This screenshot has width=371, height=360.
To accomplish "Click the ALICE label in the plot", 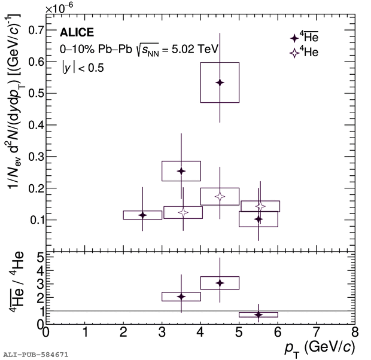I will coord(77,33).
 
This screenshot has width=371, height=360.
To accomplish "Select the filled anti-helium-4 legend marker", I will coord(294,37).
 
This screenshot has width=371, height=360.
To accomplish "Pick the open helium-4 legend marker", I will coord(294,53).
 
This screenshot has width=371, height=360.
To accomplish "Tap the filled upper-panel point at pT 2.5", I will coord(142,215).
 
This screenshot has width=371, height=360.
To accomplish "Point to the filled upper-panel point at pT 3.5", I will coord(181,171).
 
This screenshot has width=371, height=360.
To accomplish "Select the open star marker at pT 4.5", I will coord(220,196).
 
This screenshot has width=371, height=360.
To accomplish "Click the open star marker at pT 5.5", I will coord(260,206).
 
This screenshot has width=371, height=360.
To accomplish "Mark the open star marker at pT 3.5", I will coord(183,212).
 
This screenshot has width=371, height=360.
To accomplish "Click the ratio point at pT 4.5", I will coord(220,282).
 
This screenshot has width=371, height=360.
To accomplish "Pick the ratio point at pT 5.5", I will coord(259,314).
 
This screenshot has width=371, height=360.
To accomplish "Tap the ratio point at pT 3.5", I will coord(181,296).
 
